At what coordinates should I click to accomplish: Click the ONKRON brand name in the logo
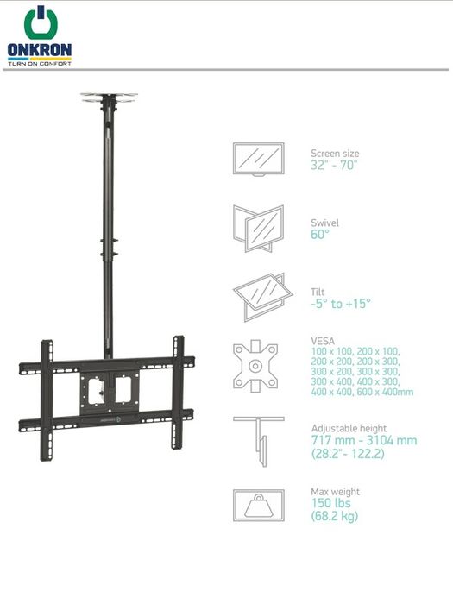tap(40, 50)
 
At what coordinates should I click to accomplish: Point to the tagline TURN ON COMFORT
tap(40, 63)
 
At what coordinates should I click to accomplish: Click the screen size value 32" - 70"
tap(334, 166)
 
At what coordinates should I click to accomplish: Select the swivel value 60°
tap(320, 234)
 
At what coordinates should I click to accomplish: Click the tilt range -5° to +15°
tap(341, 304)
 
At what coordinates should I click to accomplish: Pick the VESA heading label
tap(323, 341)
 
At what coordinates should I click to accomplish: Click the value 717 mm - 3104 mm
tap(364, 440)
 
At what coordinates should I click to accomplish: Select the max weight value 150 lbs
tap(330, 503)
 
